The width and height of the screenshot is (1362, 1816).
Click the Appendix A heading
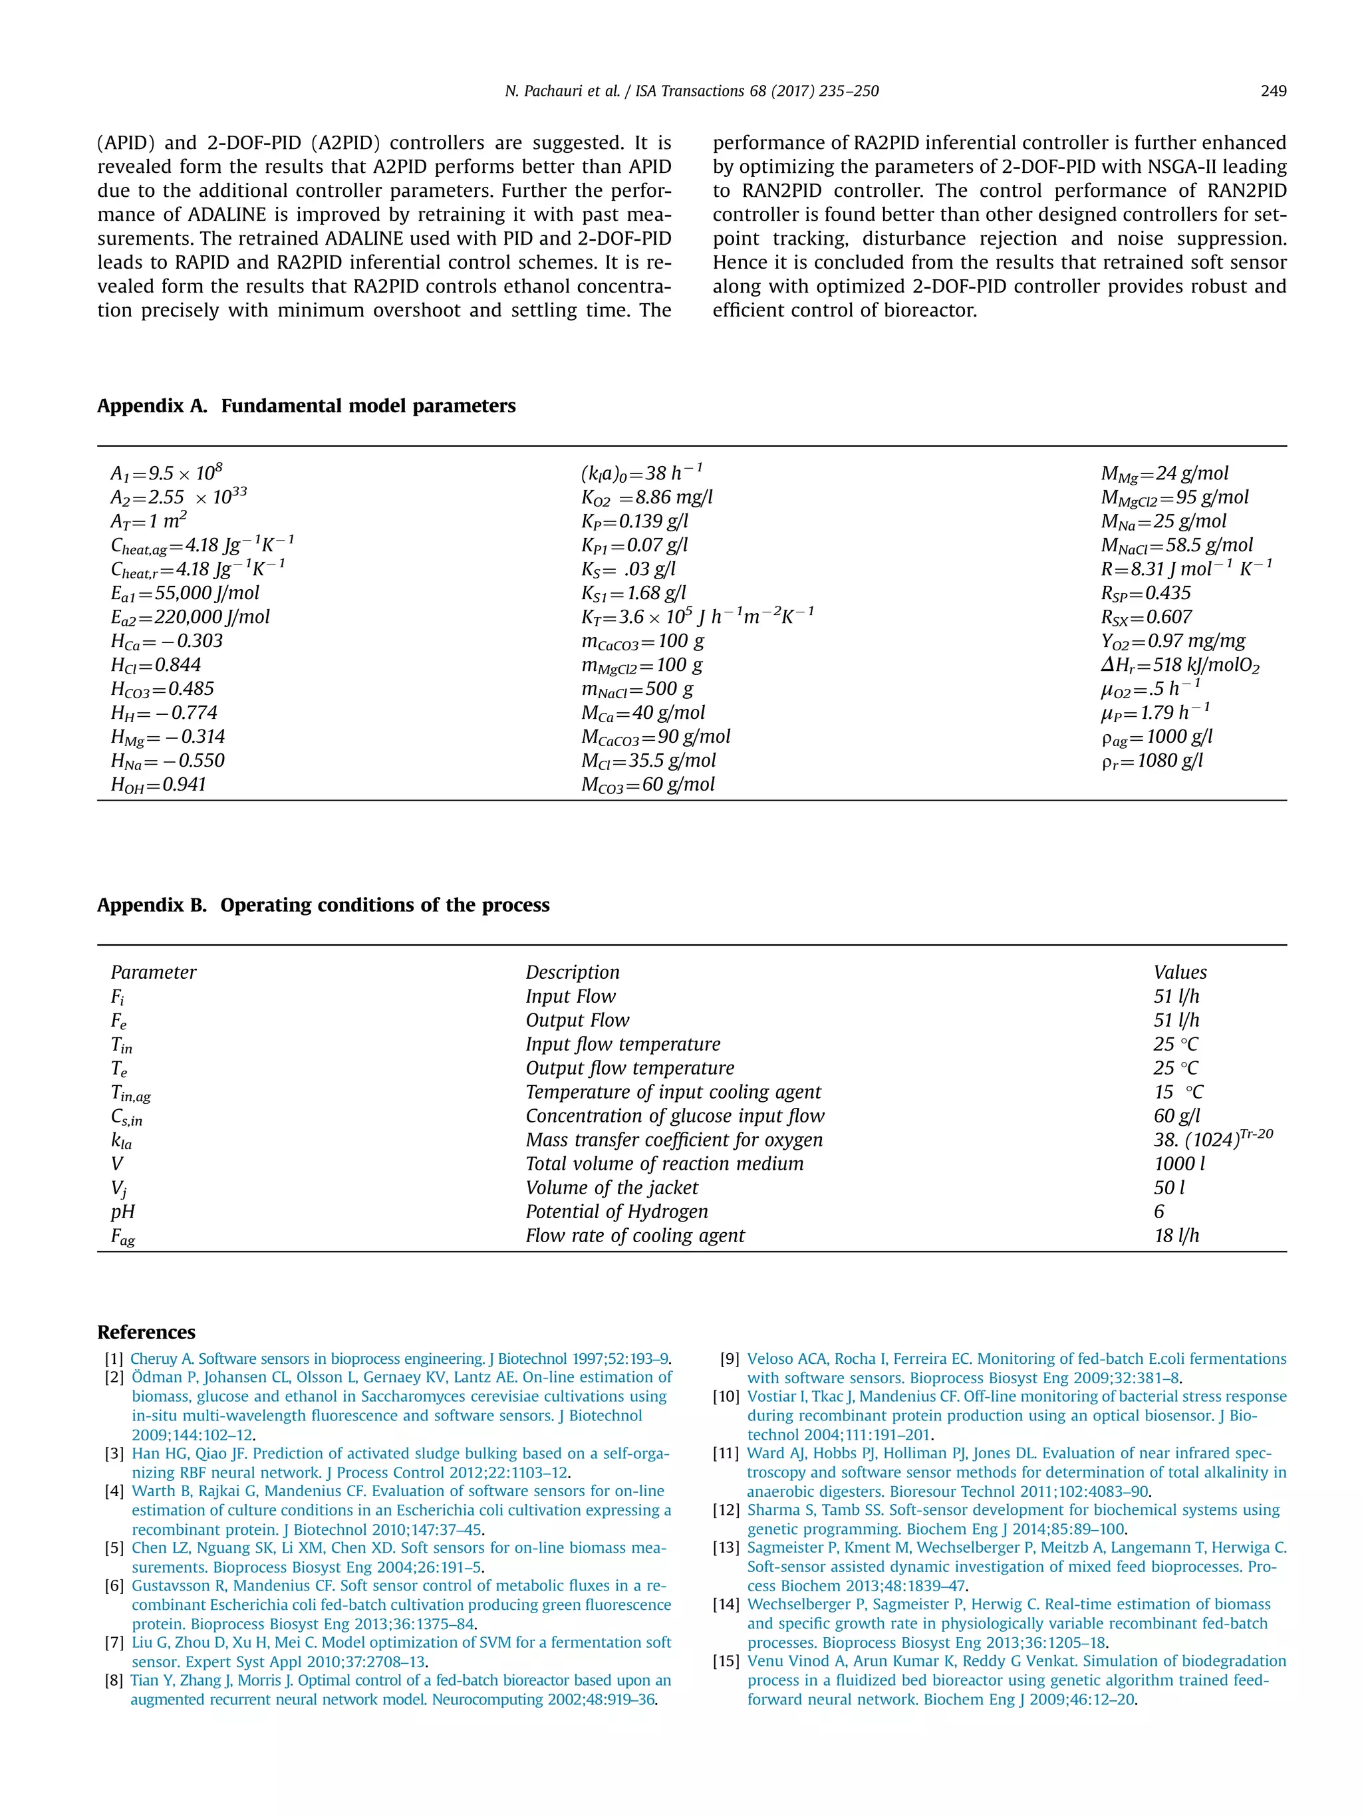306,406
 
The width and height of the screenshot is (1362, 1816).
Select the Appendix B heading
323,905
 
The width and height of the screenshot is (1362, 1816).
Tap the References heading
146,1332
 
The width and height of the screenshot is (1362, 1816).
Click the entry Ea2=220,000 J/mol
190,617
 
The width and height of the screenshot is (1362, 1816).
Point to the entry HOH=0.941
158,785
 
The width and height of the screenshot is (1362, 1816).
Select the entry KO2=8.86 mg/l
646,497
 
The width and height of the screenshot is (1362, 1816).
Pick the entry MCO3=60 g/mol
647,785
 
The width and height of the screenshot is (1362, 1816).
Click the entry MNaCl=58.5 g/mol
1176,545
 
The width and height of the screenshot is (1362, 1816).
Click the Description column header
572,973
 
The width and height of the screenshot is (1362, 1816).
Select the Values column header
1179,973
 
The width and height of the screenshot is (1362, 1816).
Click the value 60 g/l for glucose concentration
1176,1116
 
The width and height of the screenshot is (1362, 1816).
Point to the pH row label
123,1212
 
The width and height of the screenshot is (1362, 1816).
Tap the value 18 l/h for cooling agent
1176,1235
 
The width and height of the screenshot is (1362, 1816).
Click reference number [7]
114,1642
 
